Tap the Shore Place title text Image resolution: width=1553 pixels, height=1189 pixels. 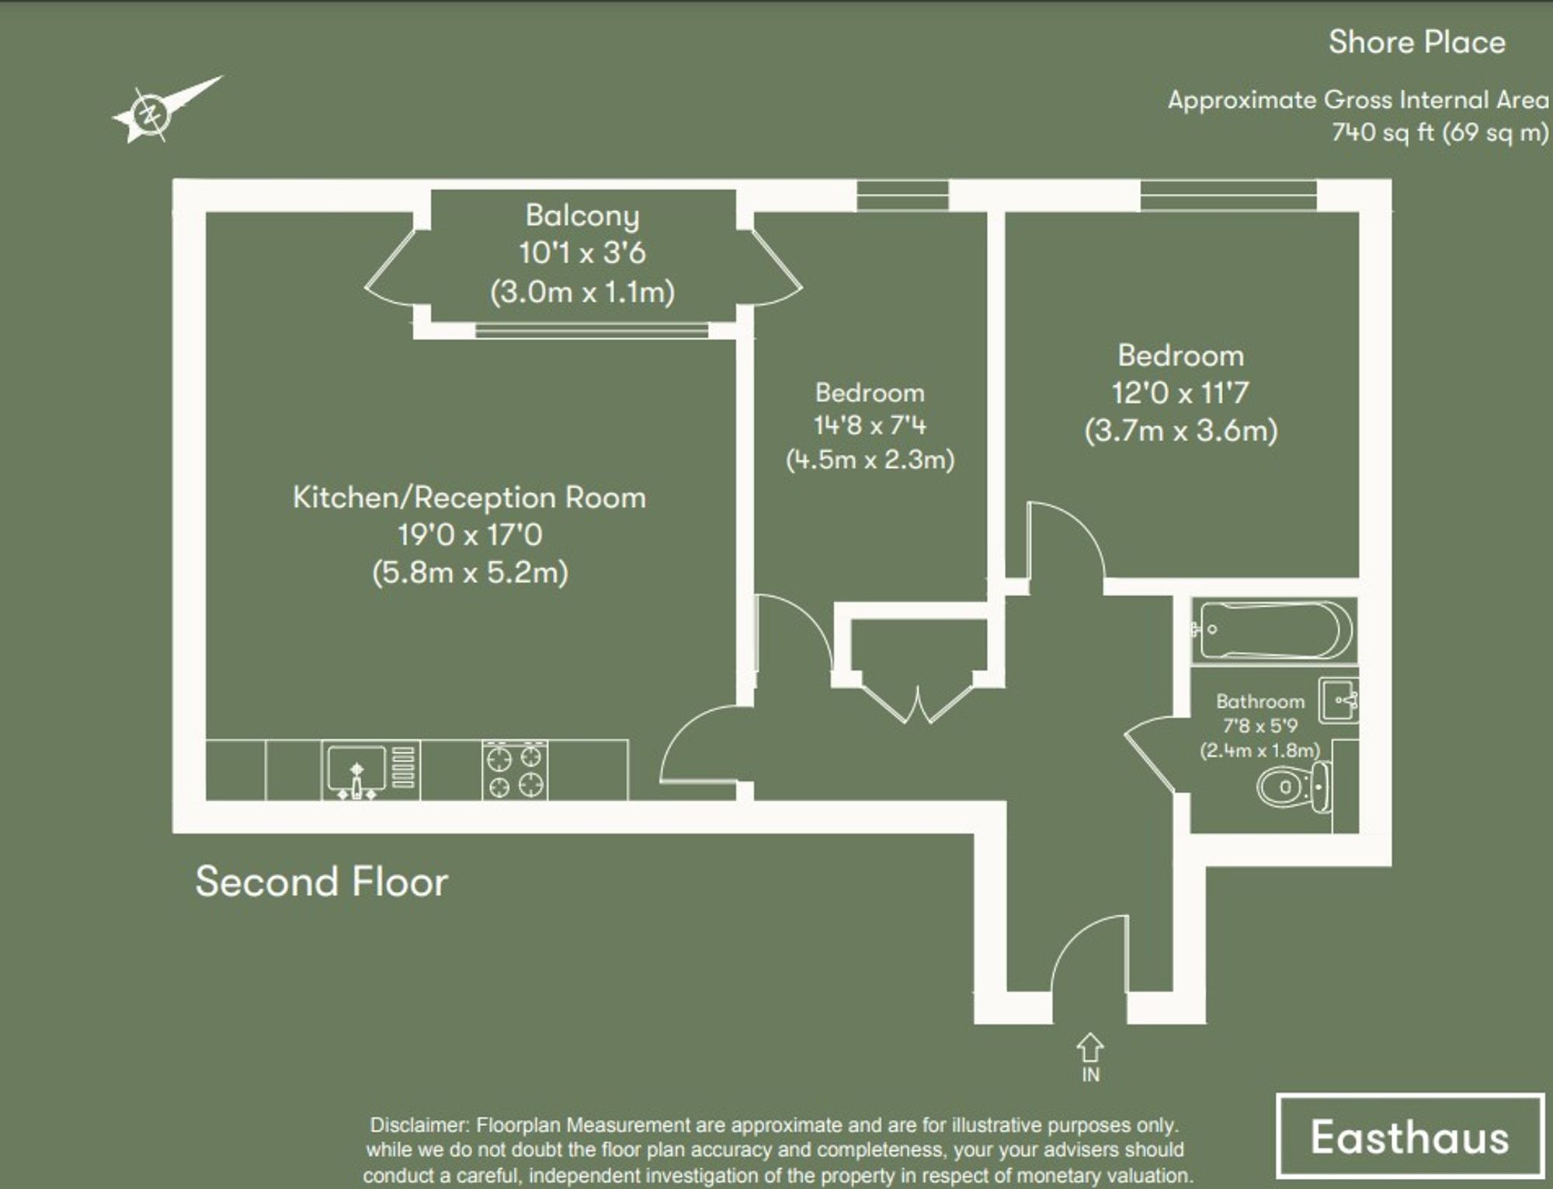[x=1416, y=42]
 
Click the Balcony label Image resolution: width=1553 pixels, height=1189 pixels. [x=582, y=216]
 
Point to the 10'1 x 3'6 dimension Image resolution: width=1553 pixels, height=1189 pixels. [x=582, y=253]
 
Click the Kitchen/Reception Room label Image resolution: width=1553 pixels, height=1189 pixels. [x=469, y=497]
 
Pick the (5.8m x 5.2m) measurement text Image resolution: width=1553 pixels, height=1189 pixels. [x=470, y=573]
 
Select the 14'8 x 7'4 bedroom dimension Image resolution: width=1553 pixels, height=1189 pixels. [x=870, y=425]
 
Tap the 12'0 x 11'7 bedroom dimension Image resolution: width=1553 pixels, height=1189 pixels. [x=1180, y=393]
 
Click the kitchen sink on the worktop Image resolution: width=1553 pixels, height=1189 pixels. [x=356, y=770]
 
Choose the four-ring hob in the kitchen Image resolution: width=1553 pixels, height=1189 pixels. [x=515, y=770]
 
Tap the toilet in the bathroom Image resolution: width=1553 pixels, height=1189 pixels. [x=1293, y=788]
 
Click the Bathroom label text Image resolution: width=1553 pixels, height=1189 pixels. [x=1259, y=702]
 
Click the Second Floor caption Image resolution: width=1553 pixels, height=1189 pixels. [x=321, y=882]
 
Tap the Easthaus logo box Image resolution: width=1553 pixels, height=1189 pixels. [x=1409, y=1137]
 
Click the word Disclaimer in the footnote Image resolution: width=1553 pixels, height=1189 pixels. [x=419, y=1125]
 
